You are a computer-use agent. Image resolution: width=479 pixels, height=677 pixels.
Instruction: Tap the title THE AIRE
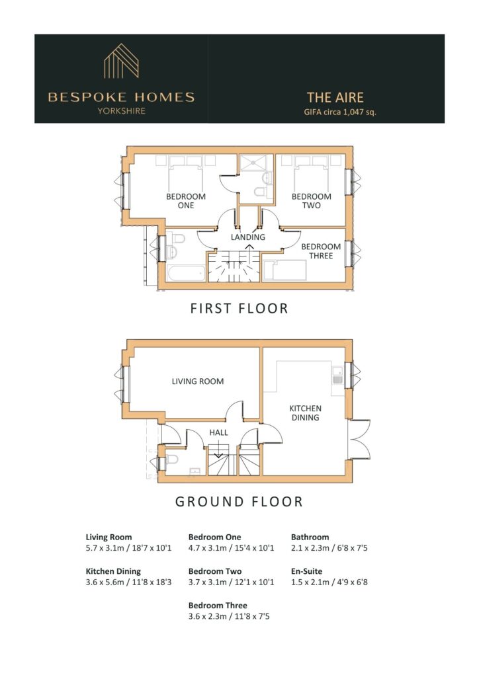point(335,97)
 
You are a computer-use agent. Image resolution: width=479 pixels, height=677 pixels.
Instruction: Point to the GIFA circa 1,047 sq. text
point(340,112)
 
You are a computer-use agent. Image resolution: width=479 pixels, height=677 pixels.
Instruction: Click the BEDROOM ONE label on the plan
point(186,201)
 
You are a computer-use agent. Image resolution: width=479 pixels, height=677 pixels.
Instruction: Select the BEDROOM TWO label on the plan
point(312,201)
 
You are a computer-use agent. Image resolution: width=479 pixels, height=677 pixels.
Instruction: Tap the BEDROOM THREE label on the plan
point(321,251)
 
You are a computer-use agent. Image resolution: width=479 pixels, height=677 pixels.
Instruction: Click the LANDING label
point(248,237)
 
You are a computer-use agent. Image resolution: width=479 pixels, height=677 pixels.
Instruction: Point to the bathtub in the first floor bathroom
point(187,274)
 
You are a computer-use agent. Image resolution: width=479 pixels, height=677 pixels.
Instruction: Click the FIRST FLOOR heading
point(239,308)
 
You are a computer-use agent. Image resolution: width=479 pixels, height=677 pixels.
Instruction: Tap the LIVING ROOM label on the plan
point(198,381)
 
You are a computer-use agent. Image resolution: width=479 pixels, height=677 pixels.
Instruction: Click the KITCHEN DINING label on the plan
point(306,413)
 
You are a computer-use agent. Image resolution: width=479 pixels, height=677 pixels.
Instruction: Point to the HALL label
point(218,432)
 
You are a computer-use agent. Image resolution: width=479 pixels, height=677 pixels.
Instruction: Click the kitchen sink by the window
point(337,376)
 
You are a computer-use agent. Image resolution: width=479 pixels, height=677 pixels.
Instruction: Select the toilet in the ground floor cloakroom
point(171,459)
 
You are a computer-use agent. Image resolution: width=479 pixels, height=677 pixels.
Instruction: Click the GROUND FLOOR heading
point(239,502)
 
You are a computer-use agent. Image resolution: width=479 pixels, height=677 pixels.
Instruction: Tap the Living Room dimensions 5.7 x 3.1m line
point(129,548)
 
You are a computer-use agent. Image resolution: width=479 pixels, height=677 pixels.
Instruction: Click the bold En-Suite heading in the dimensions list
point(307,571)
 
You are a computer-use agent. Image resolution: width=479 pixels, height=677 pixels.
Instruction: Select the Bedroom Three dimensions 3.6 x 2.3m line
point(229,616)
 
